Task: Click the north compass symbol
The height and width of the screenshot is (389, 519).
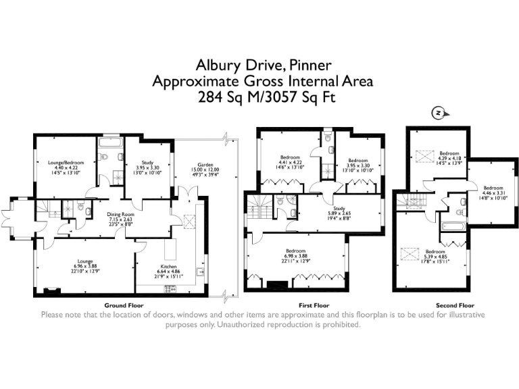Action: coord(439,113)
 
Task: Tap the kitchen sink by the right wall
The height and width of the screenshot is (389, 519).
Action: coord(199,271)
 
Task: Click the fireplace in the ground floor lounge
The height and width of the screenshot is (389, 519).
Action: coord(49,291)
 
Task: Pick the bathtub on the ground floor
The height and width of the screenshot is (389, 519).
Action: coord(108,142)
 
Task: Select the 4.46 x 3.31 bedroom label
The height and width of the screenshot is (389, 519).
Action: coord(493,192)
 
